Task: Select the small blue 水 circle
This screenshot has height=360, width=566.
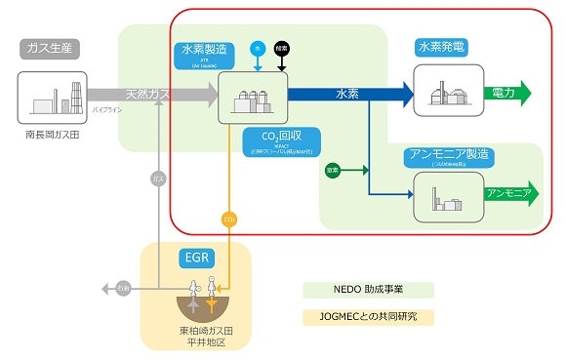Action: (258, 46)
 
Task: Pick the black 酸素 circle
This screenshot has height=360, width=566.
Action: (283, 46)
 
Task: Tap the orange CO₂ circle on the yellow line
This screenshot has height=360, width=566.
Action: (230, 219)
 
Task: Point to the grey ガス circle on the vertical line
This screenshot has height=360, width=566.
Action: (159, 179)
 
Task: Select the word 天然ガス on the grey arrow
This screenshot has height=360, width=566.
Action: (148, 95)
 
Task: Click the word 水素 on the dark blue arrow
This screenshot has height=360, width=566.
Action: (346, 95)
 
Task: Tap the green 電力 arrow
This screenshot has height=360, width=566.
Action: (510, 94)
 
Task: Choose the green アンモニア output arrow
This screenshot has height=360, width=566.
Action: (509, 193)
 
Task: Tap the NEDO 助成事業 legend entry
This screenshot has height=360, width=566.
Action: (368, 290)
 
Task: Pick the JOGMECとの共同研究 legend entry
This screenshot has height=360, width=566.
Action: (368, 316)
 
